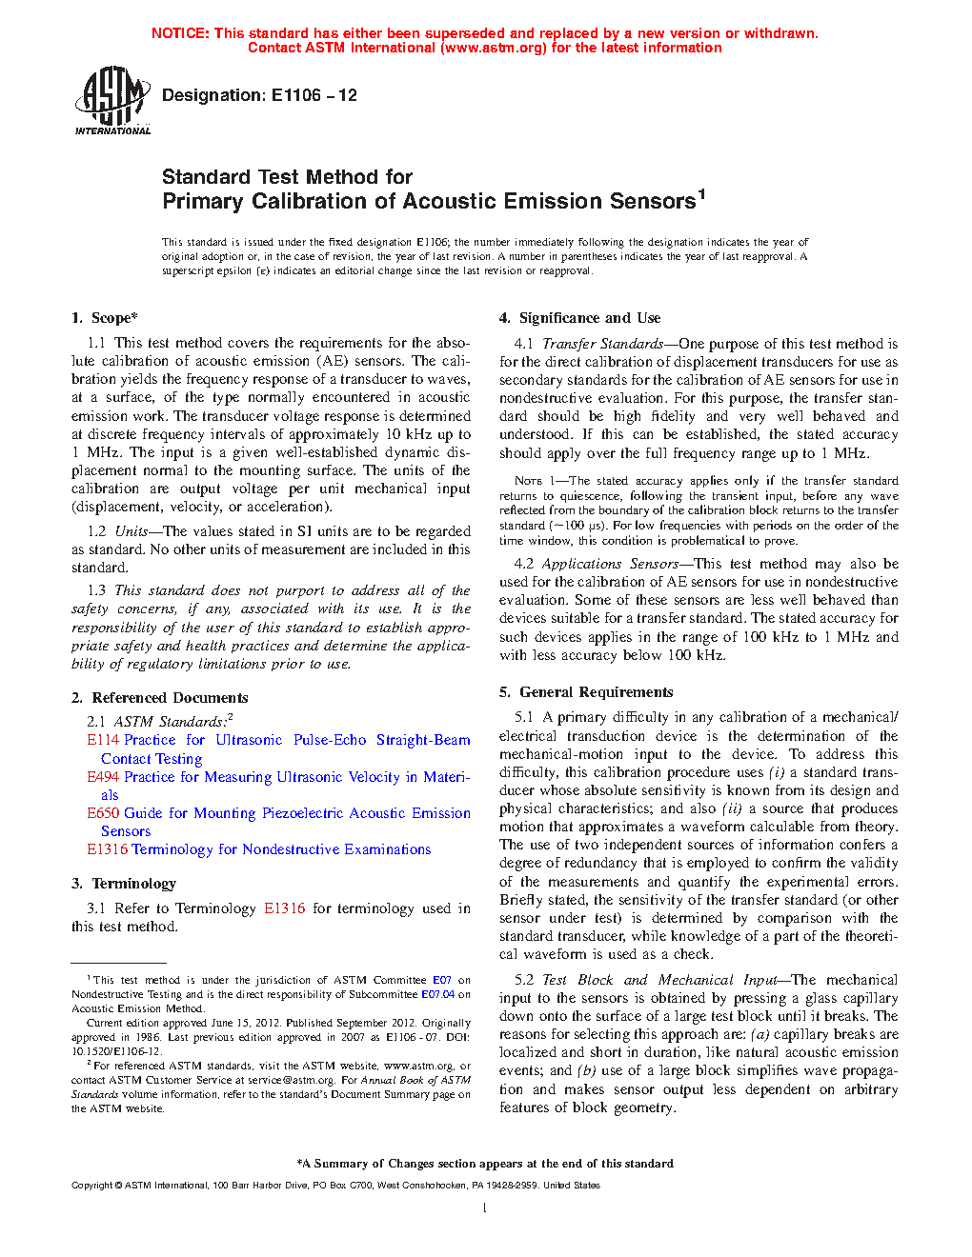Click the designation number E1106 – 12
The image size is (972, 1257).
point(314,95)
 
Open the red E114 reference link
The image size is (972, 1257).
point(103,740)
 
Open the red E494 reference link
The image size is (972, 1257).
point(103,777)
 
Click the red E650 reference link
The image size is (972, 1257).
point(103,813)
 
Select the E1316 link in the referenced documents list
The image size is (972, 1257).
point(107,849)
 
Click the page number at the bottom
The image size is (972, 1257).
point(485,1208)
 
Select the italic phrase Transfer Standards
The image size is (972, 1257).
point(603,344)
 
